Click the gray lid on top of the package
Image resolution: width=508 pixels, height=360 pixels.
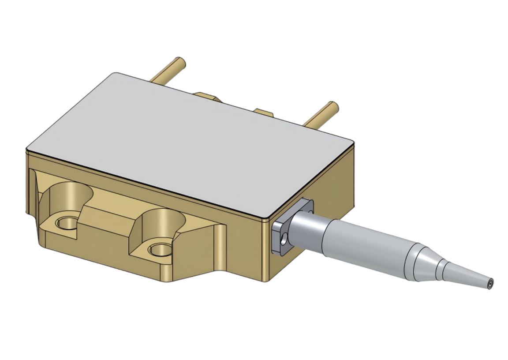(x=190, y=141)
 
